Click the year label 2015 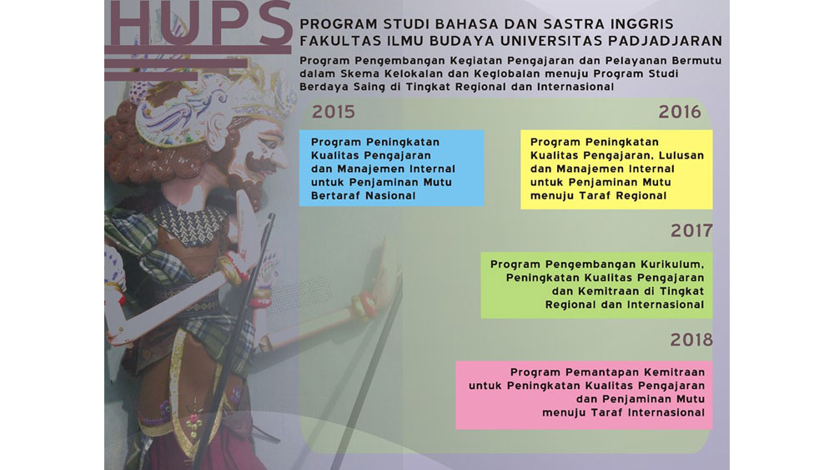(333, 112)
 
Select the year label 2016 (679, 112)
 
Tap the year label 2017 (691, 230)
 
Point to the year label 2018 (691, 340)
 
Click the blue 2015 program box (391, 168)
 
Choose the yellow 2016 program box (616, 169)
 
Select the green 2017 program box (597, 285)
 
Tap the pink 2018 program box (584, 395)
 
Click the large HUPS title (200, 23)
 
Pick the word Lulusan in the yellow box (681, 155)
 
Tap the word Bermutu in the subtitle (696, 61)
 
